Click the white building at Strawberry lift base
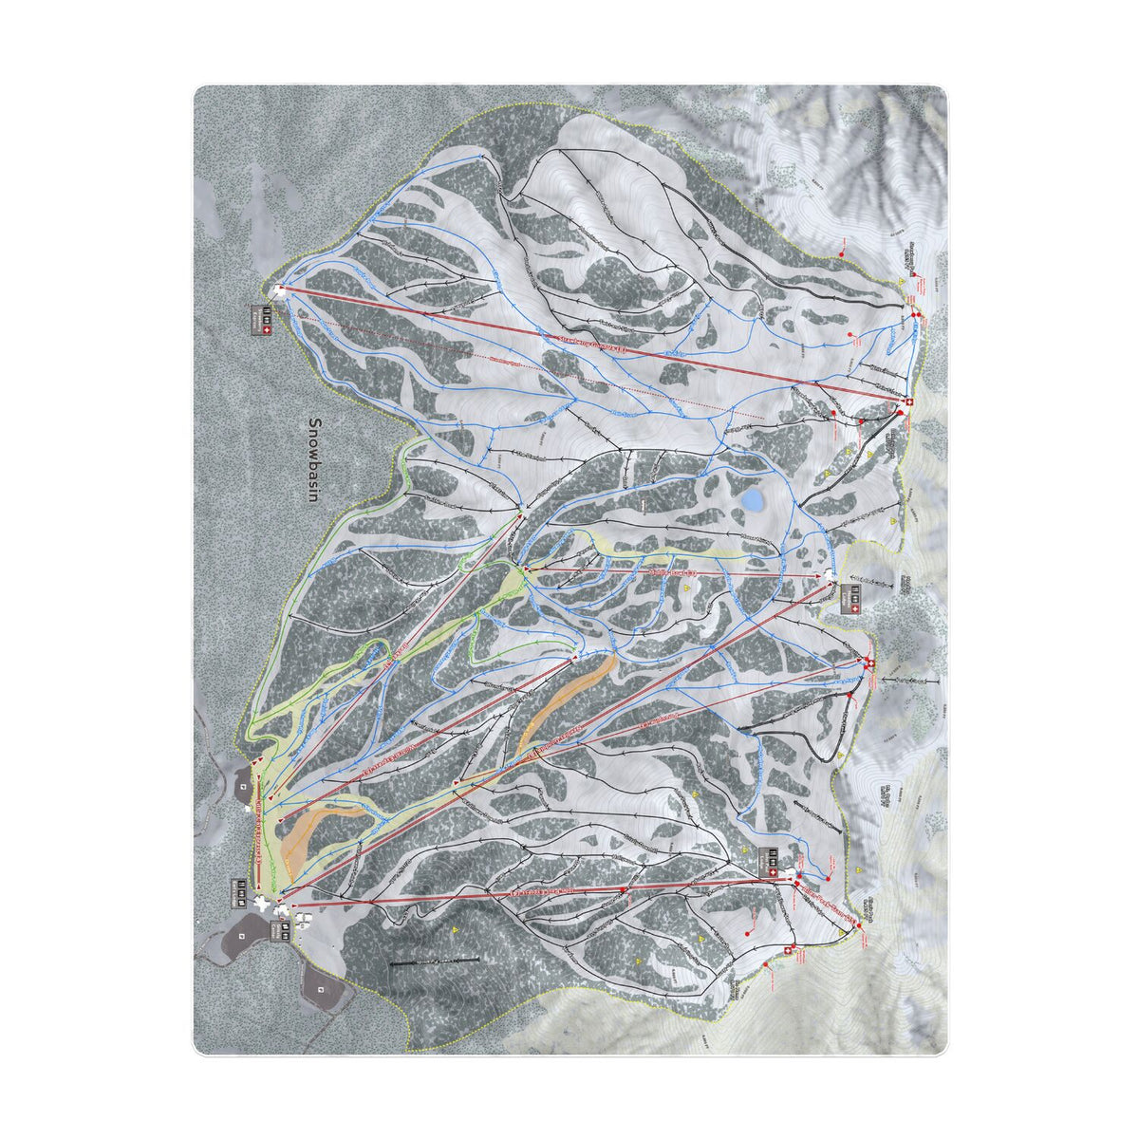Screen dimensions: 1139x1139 point(278,289)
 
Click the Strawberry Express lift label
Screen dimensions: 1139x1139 point(588,346)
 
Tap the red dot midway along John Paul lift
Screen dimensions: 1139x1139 point(623,889)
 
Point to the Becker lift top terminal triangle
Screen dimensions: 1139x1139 point(521,514)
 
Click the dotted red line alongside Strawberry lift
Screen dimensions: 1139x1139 point(532,367)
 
